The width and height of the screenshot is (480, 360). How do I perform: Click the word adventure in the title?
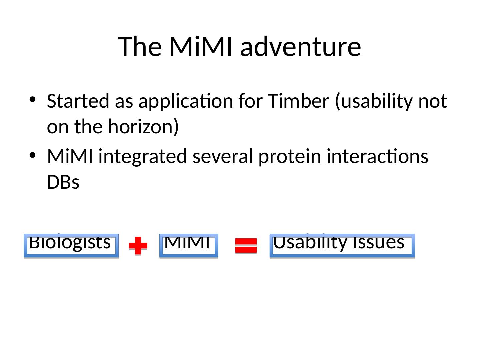pos(300,47)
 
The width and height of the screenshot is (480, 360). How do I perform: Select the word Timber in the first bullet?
pos(298,101)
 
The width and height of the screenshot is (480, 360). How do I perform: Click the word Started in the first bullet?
pos(78,101)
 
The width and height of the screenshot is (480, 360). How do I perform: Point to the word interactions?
pos(377,156)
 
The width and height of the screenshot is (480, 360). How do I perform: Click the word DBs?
pos(63,182)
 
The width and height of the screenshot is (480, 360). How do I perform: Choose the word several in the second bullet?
pos(223,157)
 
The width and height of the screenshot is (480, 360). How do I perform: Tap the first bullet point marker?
pos(32,99)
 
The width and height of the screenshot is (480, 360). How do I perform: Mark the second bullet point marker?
pos(32,155)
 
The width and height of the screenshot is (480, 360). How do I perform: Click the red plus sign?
pos(138,245)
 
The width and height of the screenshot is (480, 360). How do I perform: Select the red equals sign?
pos(246,245)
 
